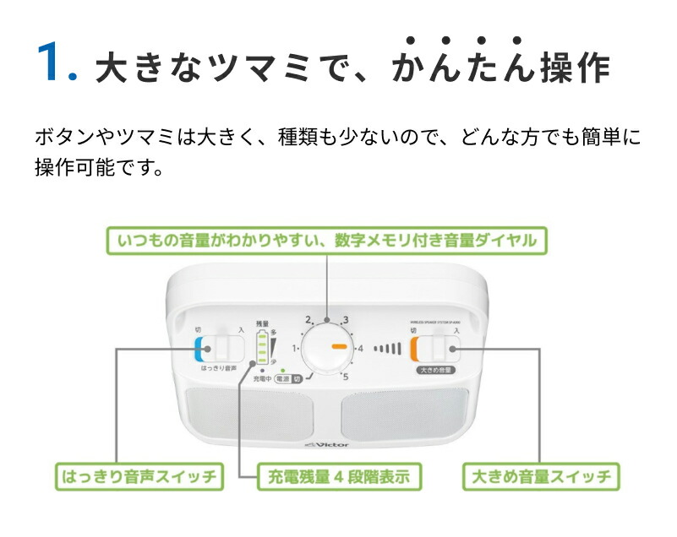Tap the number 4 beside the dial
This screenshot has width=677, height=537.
pos(360,348)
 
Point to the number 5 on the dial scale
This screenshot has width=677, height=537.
pos(345,376)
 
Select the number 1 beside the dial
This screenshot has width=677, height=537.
pos(295,347)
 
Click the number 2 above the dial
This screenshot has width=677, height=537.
pos(309,320)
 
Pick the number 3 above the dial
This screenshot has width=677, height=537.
pos(345,320)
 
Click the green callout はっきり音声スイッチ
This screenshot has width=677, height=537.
pos(139,477)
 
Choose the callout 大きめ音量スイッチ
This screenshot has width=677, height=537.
pos(540,477)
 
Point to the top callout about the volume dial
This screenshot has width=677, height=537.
pos(326,241)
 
